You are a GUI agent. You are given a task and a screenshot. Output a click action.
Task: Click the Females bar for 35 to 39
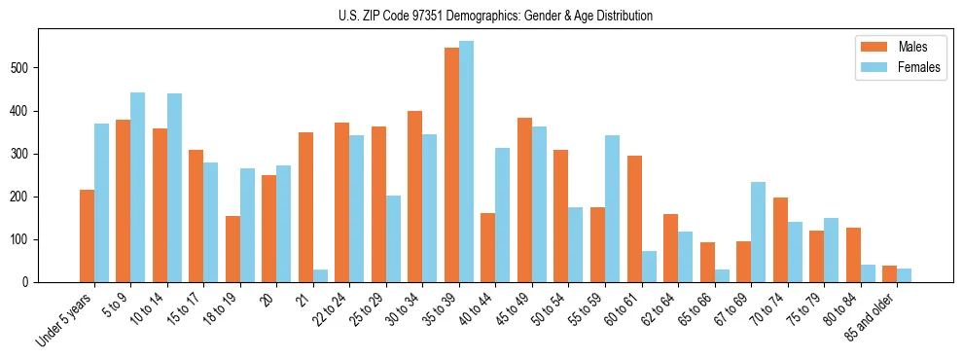point(467,162)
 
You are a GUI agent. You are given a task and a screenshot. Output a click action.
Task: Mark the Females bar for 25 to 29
point(394,238)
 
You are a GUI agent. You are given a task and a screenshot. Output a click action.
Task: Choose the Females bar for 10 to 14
point(175,188)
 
